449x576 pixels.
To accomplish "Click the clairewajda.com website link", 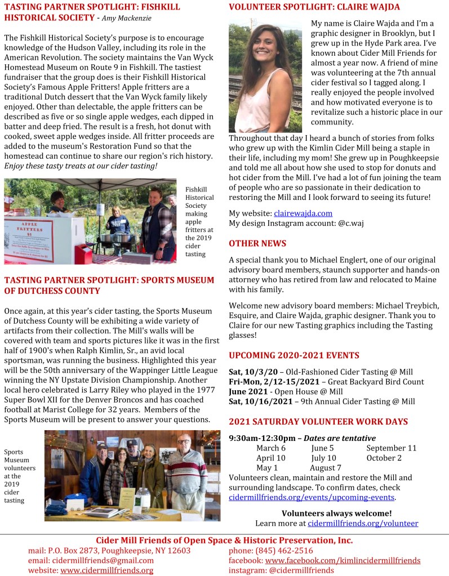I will [303, 213].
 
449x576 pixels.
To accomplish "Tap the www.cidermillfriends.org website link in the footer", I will [107, 570].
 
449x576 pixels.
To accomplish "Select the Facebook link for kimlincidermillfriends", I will [343, 560].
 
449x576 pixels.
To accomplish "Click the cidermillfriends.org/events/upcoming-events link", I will [312, 498].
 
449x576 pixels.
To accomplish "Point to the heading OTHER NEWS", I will [257, 243].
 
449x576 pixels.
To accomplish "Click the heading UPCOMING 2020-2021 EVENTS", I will [294, 355].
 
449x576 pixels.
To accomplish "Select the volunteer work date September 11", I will [392, 448].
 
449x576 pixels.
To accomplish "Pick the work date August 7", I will [326, 468].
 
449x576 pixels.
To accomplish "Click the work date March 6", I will [271, 448].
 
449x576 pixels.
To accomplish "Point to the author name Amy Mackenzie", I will [127, 18].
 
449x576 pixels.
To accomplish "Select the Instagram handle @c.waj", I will [349, 224].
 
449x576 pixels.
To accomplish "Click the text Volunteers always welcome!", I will [336, 513].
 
